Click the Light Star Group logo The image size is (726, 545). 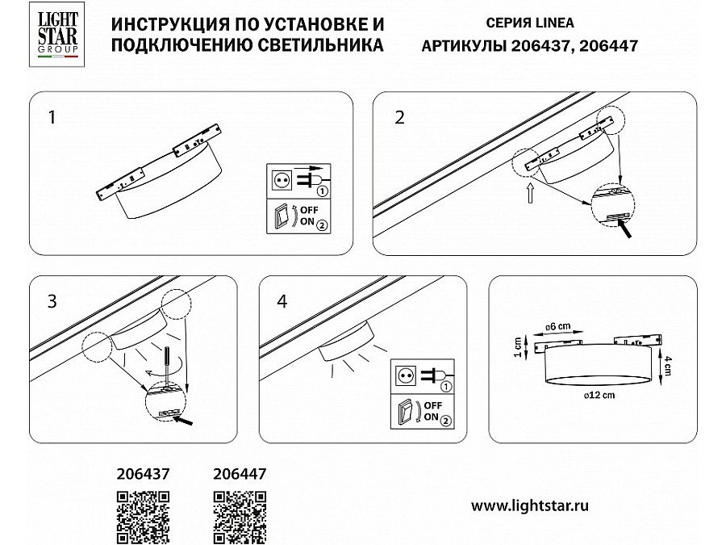tap(57, 34)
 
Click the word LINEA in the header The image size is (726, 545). tap(555, 23)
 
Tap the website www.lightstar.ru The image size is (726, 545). tap(530, 505)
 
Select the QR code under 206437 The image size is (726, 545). tap(143, 517)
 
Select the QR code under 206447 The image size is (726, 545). tap(240, 517)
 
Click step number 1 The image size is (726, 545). tap(52, 117)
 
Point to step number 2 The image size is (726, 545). tap(399, 117)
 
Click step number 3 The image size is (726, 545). tap(52, 301)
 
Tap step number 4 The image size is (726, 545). tap(282, 301)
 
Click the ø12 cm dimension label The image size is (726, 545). tap(599, 396)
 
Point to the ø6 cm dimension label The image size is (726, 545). tap(557, 327)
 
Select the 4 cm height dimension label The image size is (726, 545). tap(667, 366)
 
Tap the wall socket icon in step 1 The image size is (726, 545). tap(281, 180)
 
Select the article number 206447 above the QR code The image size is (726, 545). tap(240, 474)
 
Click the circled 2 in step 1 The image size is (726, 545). tap(322, 226)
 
